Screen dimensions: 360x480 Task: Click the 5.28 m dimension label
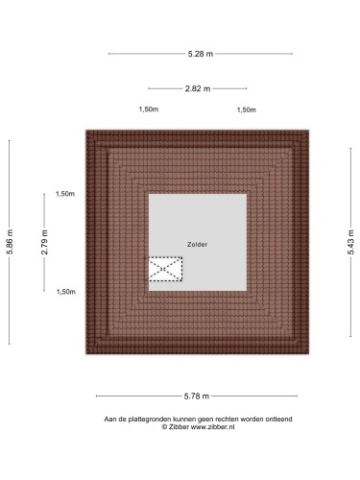pyautogui.click(x=201, y=54)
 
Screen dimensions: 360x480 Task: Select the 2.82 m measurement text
pyautogui.click(x=198, y=88)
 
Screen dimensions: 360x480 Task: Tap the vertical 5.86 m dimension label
pyautogui.click(x=10, y=242)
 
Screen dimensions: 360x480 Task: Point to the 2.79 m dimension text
pyautogui.click(x=44, y=242)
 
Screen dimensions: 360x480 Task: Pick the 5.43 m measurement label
pyautogui.click(x=351, y=242)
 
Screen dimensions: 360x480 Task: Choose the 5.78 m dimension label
pyautogui.click(x=197, y=396)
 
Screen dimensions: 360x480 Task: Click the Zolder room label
pyautogui.click(x=198, y=245)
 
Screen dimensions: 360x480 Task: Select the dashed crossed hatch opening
pyautogui.click(x=165, y=269)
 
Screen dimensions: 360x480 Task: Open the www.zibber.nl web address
pyautogui.click(x=213, y=427)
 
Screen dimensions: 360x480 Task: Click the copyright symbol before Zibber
pyautogui.click(x=164, y=427)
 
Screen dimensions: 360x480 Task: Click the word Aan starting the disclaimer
pyautogui.click(x=110, y=420)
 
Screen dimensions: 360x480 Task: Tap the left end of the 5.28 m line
pyautogui.click(x=109, y=54)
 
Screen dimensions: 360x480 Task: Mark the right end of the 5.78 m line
pyautogui.click(x=298, y=396)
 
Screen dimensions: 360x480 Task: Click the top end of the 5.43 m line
pyautogui.click(x=350, y=149)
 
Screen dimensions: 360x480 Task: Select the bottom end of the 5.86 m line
pyautogui.click(x=10, y=344)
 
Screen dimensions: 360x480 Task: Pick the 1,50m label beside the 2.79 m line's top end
pyautogui.click(x=65, y=194)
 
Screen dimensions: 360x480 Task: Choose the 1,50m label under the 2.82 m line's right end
pyautogui.click(x=247, y=109)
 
